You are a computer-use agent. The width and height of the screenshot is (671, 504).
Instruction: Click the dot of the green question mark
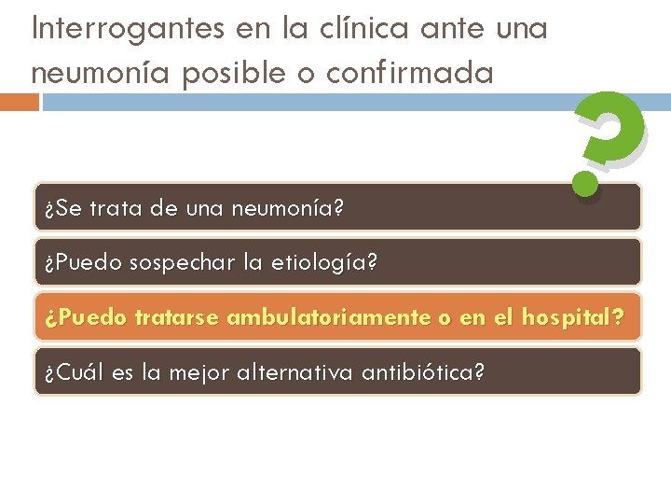pos(586,183)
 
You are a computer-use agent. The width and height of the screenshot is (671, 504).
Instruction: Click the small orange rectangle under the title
pos(20,102)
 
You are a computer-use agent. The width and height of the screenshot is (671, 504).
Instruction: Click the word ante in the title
pos(453,28)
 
